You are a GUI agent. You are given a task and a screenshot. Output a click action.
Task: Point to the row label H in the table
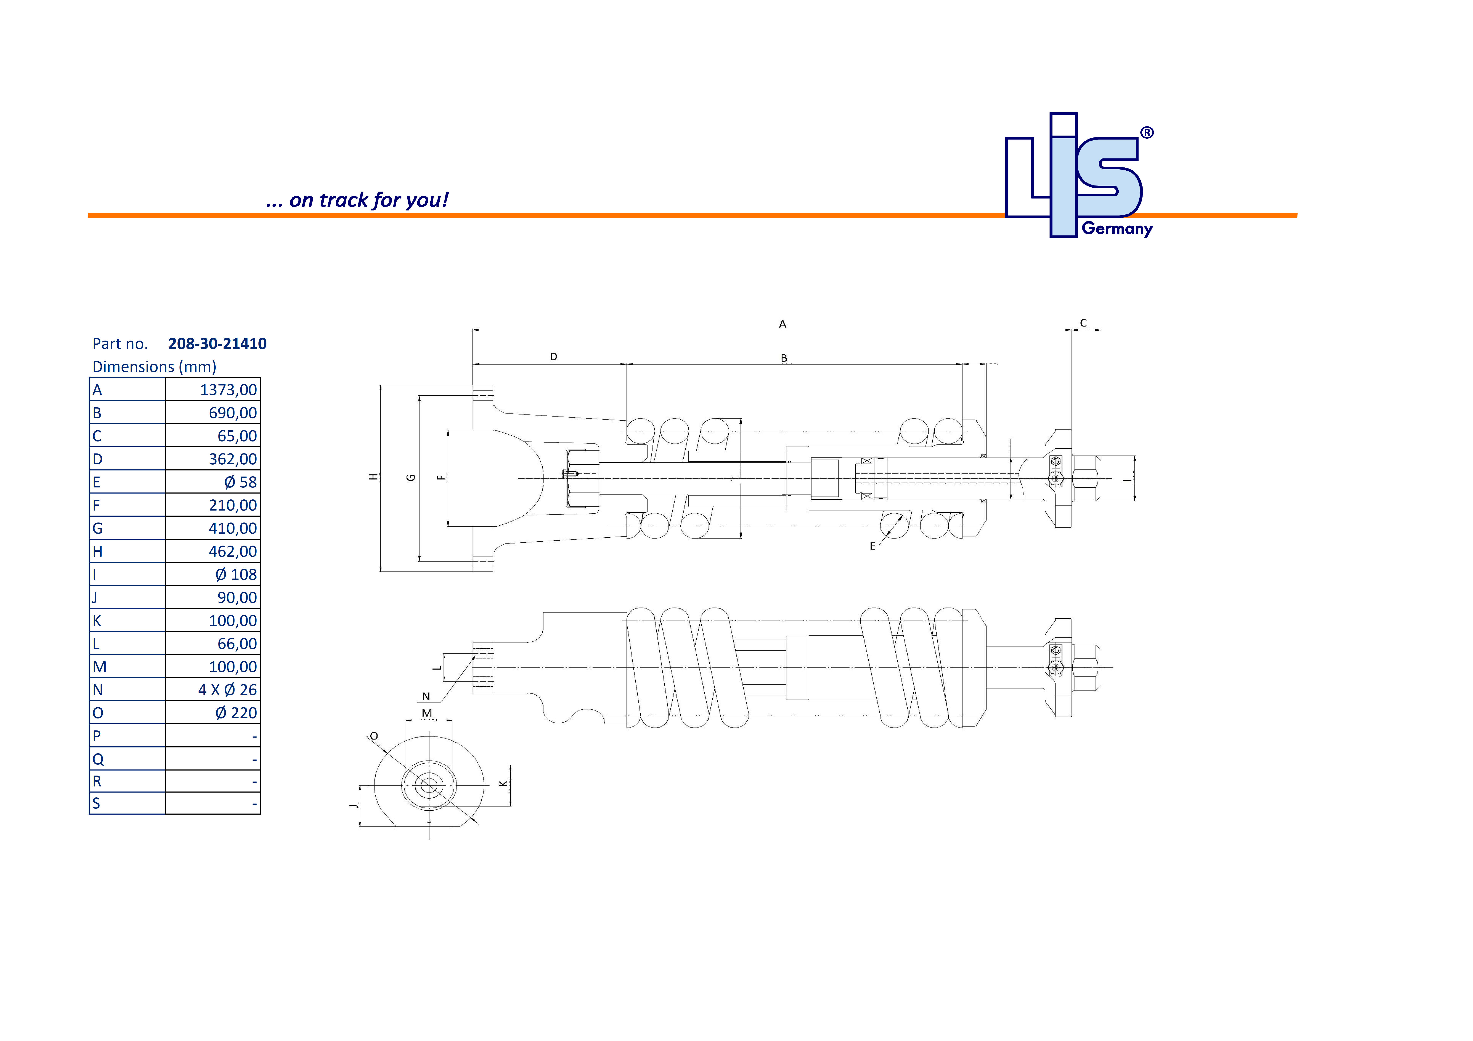(97, 552)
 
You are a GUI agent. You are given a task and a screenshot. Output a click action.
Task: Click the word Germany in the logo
(1117, 229)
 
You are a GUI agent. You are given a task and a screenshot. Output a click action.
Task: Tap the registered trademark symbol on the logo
(1147, 133)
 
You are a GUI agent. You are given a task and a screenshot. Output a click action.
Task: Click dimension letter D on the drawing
(554, 357)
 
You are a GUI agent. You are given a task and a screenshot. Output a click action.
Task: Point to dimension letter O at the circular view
(374, 736)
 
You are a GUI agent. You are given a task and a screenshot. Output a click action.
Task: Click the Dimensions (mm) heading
(154, 367)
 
